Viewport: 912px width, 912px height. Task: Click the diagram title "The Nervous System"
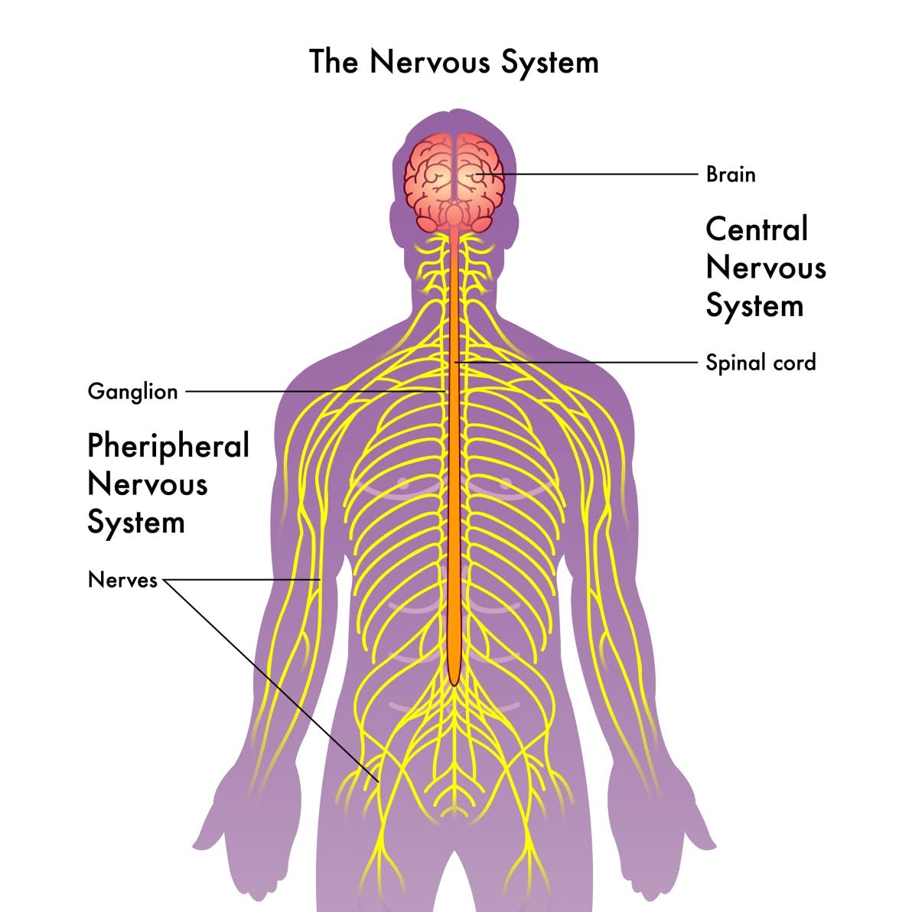click(x=454, y=61)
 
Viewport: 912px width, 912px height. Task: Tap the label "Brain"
click(x=731, y=174)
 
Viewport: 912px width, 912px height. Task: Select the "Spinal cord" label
click(x=761, y=362)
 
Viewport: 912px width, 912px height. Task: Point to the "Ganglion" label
click(x=132, y=392)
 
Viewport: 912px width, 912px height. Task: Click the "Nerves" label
click(x=122, y=580)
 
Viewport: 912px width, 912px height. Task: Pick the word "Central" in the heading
click(x=757, y=229)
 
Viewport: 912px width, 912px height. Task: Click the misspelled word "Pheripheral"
click(x=168, y=445)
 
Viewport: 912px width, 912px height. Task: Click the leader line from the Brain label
click(x=597, y=174)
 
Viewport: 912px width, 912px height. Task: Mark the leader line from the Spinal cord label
click(x=581, y=362)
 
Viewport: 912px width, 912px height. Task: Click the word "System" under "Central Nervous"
click(x=754, y=306)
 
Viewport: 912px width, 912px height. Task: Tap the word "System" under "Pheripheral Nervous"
click(x=136, y=523)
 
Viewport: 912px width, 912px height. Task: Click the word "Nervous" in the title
click(x=432, y=61)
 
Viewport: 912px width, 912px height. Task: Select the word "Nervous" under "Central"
click(x=766, y=268)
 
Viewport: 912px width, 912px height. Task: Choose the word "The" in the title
click(x=334, y=61)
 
